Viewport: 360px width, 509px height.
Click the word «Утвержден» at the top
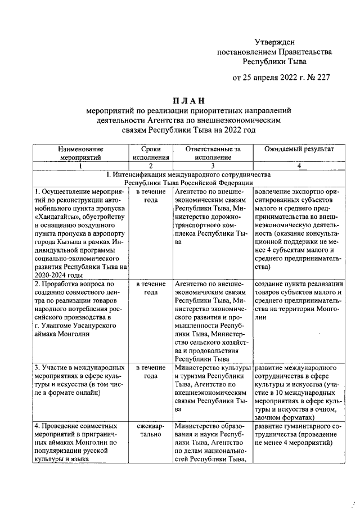coord(274,42)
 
